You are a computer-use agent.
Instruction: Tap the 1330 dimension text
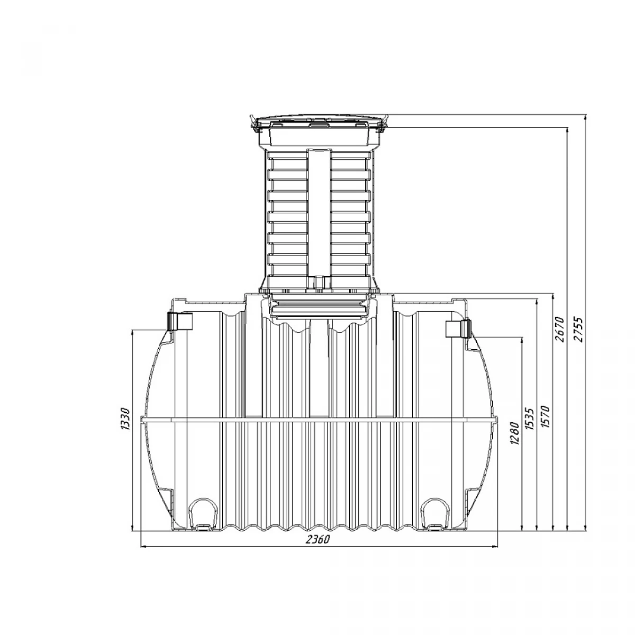coord(125,419)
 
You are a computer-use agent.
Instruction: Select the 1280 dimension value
coord(514,433)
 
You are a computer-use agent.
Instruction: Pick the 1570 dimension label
coord(546,417)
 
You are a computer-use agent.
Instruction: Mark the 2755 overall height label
coord(578,329)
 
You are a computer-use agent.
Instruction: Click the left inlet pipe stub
coord(180,321)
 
